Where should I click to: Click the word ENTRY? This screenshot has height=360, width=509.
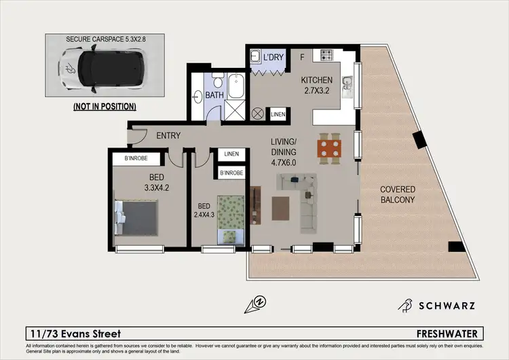[x=168, y=136]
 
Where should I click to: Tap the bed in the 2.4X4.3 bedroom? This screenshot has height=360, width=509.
[x=231, y=217]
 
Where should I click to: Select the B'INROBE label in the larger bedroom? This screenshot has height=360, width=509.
[x=140, y=160]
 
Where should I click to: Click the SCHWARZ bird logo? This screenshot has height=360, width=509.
[x=406, y=306]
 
